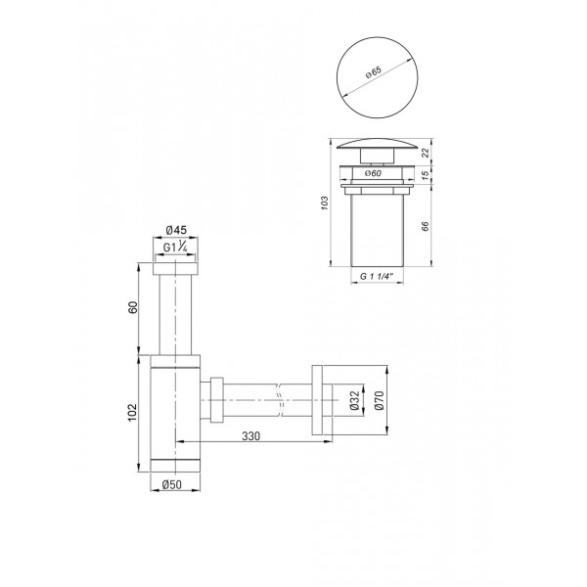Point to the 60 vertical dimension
(x=135, y=308)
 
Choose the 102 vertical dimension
(x=135, y=411)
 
